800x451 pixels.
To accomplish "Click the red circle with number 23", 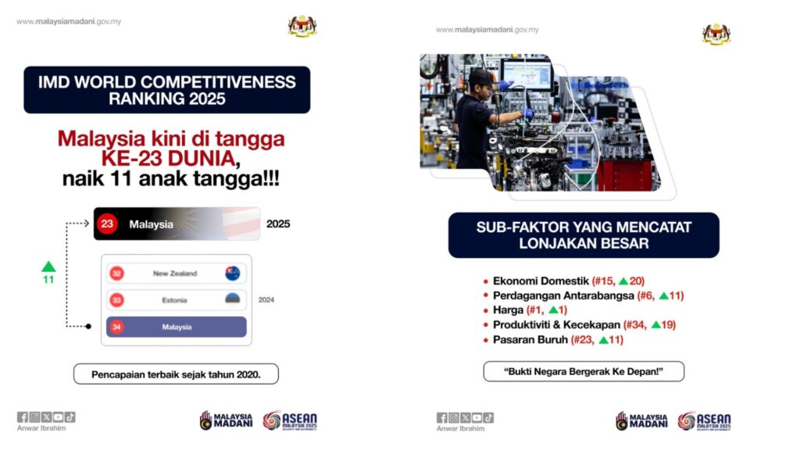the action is pos(107,224).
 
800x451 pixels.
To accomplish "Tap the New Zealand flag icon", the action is pos(233,274).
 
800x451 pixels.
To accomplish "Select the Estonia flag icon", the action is pos(233,299).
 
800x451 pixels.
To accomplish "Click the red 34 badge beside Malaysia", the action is pos(117,327).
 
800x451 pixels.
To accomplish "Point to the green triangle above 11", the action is pos(48,267).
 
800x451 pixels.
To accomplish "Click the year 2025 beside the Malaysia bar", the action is pos(278,224).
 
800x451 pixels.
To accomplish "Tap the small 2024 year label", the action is pos(266,300).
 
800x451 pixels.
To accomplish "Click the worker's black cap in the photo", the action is pos(481,77).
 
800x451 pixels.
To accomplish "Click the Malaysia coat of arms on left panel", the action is pos(302,26).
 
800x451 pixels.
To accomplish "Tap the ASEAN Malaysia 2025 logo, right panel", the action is pos(704,421).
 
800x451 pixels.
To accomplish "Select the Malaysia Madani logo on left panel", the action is pos(226,421).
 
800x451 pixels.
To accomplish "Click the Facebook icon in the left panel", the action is pos(23,417).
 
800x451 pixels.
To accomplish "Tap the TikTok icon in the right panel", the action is pos(488,418).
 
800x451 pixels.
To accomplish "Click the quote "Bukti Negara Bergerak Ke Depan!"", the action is pos(584,371).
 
